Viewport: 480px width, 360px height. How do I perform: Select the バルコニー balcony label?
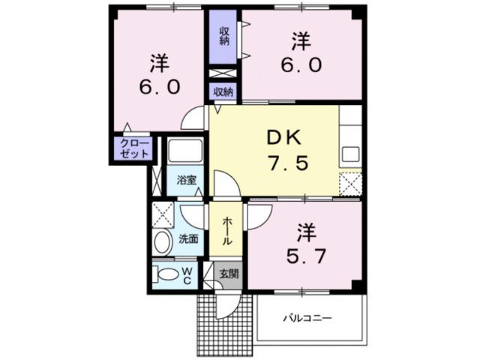tap(307, 319)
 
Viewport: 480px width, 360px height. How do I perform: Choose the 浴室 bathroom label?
tap(186, 180)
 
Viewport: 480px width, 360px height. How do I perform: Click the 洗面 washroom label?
tap(188, 239)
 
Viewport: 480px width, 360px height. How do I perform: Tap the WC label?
tap(188, 274)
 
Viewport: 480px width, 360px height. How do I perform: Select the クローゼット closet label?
tap(133, 148)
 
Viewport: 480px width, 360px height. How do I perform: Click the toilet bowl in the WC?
tap(166, 274)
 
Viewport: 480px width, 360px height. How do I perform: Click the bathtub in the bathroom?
tap(184, 152)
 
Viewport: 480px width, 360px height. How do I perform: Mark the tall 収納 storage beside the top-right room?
tap(224, 35)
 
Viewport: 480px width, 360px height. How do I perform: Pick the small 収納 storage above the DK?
tap(223, 91)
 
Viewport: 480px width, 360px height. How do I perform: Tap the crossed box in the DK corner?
tap(349, 184)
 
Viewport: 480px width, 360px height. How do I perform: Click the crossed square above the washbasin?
tap(163, 214)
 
